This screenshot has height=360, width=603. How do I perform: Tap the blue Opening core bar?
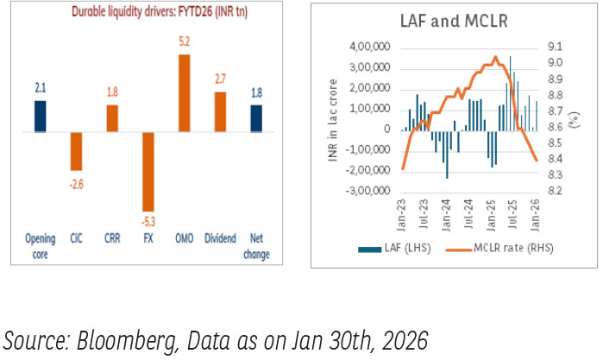pos(40,117)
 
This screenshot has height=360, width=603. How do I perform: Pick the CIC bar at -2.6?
pos(76,151)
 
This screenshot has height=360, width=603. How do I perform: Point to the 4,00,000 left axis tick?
pos(370,47)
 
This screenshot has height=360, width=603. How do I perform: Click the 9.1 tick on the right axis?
pos(554,47)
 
